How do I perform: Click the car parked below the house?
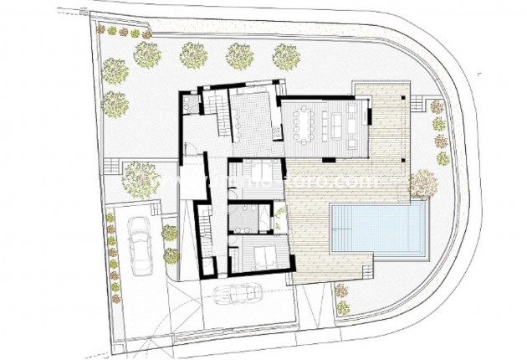point(237,294)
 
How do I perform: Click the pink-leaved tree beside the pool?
point(423,183)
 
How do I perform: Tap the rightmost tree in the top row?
point(286,56)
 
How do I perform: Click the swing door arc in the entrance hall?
point(192,152)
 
